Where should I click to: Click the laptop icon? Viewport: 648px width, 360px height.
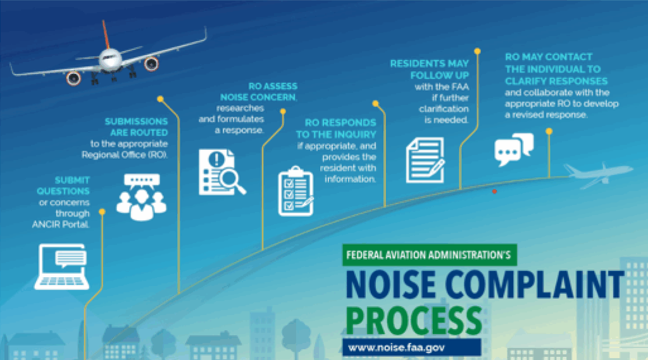click(61, 266)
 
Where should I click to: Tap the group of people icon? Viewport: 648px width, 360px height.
click(141, 197)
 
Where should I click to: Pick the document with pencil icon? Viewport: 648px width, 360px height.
click(425, 160)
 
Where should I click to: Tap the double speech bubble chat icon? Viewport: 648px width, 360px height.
click(514, 149)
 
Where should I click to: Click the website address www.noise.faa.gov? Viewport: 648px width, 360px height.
click(396, 347)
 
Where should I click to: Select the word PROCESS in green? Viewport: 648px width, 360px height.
click(414, 320)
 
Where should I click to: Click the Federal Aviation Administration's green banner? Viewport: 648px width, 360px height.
click(430, 255)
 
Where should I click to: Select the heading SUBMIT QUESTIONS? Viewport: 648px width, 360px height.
click(63, 185)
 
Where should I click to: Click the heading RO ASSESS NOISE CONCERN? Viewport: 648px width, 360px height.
click(259, 92)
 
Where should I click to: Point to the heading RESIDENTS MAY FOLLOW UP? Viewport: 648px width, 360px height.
click(430, 70)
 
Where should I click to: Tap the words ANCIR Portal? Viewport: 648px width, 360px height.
click(61, 225)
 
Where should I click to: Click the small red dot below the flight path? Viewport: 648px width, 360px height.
click(494, 191)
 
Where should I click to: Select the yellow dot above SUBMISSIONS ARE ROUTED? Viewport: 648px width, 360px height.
click(160, 99)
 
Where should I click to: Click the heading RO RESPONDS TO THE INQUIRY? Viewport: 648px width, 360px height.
click(337, 128)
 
